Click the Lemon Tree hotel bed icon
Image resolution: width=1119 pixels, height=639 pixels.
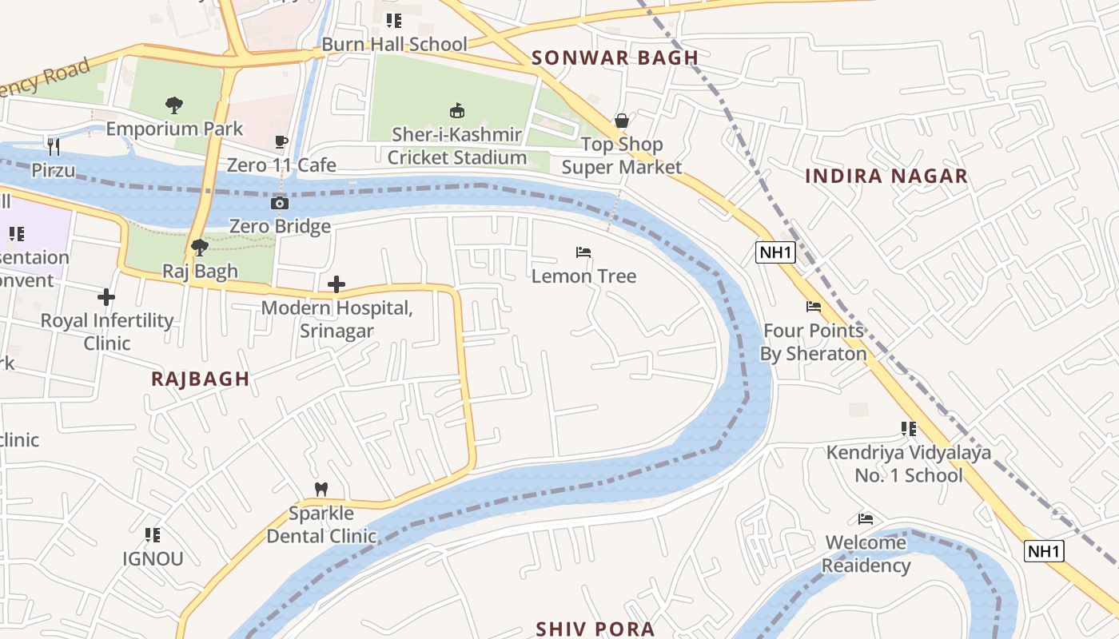583,252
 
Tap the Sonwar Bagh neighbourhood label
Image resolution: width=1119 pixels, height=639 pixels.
615,58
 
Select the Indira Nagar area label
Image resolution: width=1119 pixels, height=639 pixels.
886,176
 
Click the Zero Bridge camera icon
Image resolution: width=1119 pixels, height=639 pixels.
280,203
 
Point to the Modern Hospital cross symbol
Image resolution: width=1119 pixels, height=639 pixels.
336,284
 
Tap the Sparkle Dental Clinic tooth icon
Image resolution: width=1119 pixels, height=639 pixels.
321,489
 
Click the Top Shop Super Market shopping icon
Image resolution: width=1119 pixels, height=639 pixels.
622,121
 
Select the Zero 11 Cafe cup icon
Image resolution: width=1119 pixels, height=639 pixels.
281,141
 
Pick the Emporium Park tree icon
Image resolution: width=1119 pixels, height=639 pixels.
173,105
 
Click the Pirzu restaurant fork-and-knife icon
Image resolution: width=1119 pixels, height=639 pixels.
54,146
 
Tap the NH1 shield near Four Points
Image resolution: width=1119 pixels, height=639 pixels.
775,253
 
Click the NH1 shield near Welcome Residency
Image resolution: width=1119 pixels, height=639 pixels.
1044,551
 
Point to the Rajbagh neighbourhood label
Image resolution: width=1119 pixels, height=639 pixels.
201,379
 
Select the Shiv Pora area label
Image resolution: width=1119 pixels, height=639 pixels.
595,629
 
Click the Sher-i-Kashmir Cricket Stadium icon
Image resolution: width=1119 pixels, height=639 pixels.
457,110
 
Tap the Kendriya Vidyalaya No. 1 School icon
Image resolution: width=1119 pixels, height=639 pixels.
908,429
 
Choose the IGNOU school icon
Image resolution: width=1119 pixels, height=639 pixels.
153,534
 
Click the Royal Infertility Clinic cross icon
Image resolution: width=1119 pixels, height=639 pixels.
106,297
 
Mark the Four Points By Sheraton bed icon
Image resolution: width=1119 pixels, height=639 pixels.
814,307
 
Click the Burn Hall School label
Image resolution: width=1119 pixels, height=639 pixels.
394,44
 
